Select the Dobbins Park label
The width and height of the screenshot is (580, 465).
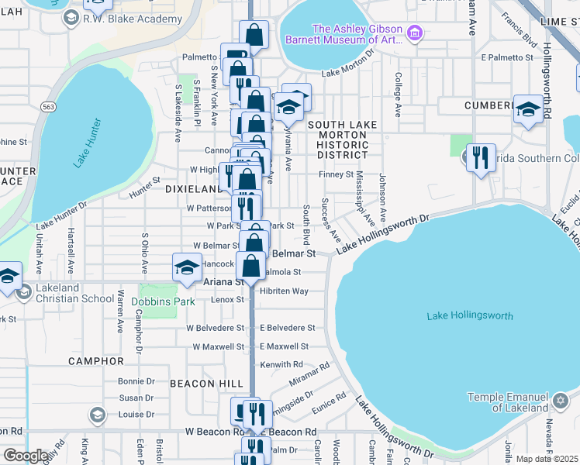[x=163, y=301]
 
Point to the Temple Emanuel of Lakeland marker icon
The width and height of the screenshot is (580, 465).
[x=561, y=401]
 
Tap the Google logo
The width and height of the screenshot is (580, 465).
[x=26, y=456]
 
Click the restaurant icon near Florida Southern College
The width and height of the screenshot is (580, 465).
[x=481, y=158]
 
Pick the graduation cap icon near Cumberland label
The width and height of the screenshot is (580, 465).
[x=528, y=110]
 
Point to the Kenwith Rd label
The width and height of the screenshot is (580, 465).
[x=281, y=364]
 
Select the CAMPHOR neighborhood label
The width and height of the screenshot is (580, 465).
[x=96, y=361]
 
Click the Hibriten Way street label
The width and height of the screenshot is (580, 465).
[x=285, y=291]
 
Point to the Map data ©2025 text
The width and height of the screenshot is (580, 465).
[x=547, y=459]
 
